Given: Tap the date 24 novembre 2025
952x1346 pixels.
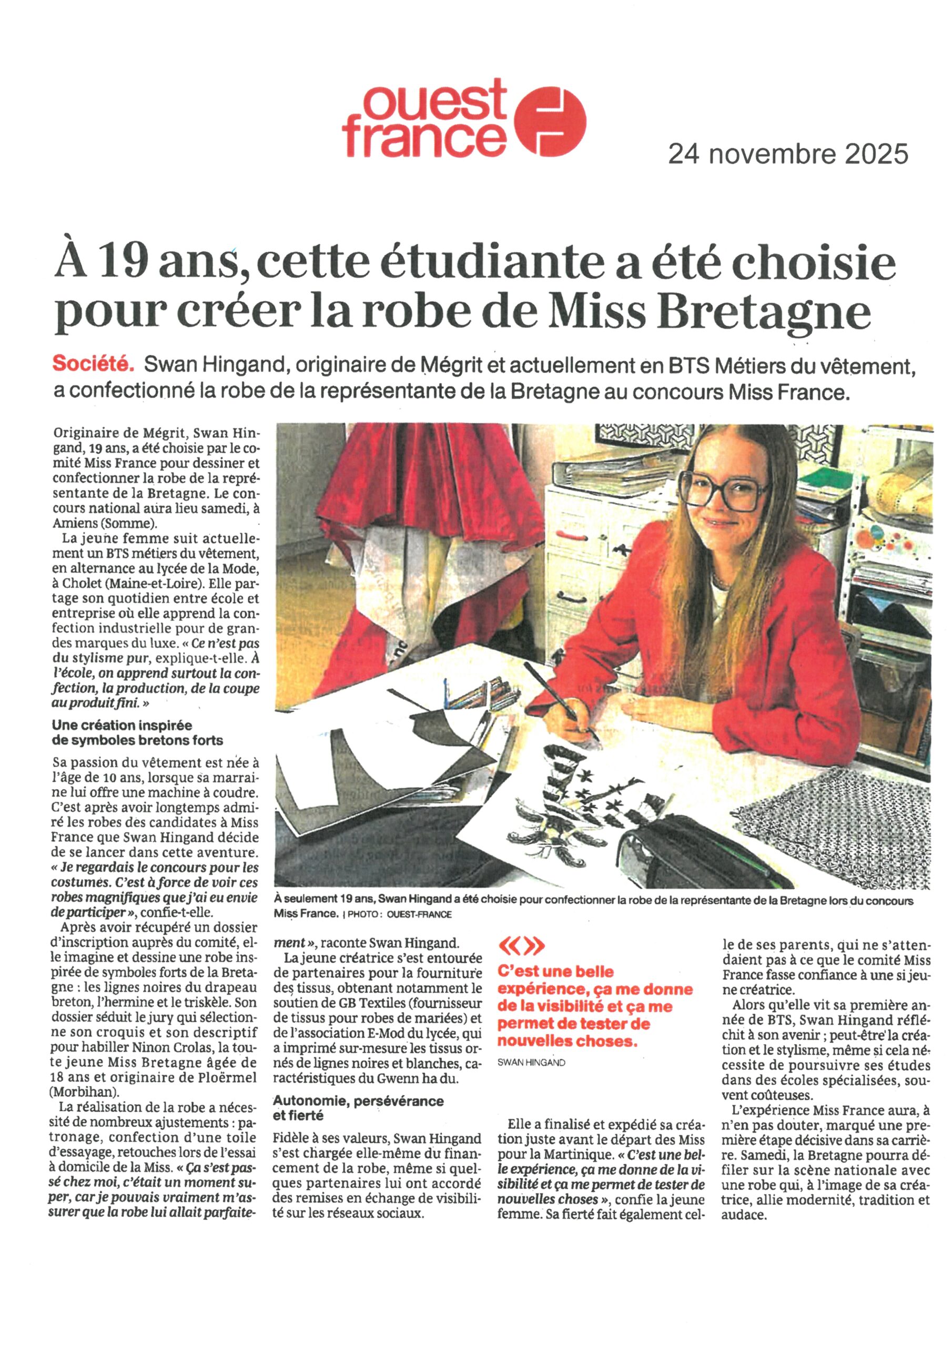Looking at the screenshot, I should pyautogui.click(x=788, y=155).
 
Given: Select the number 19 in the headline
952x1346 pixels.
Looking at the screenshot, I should pyautogui.click(x=123, y=264).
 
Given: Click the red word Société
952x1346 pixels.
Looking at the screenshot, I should pyautogui.click(x=93, y=364).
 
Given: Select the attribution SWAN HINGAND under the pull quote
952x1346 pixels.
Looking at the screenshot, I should pyautogui.click(x=531, y=1062).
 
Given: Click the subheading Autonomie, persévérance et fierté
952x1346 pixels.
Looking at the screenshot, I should pyautogui.click(x=358, y=1108).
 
